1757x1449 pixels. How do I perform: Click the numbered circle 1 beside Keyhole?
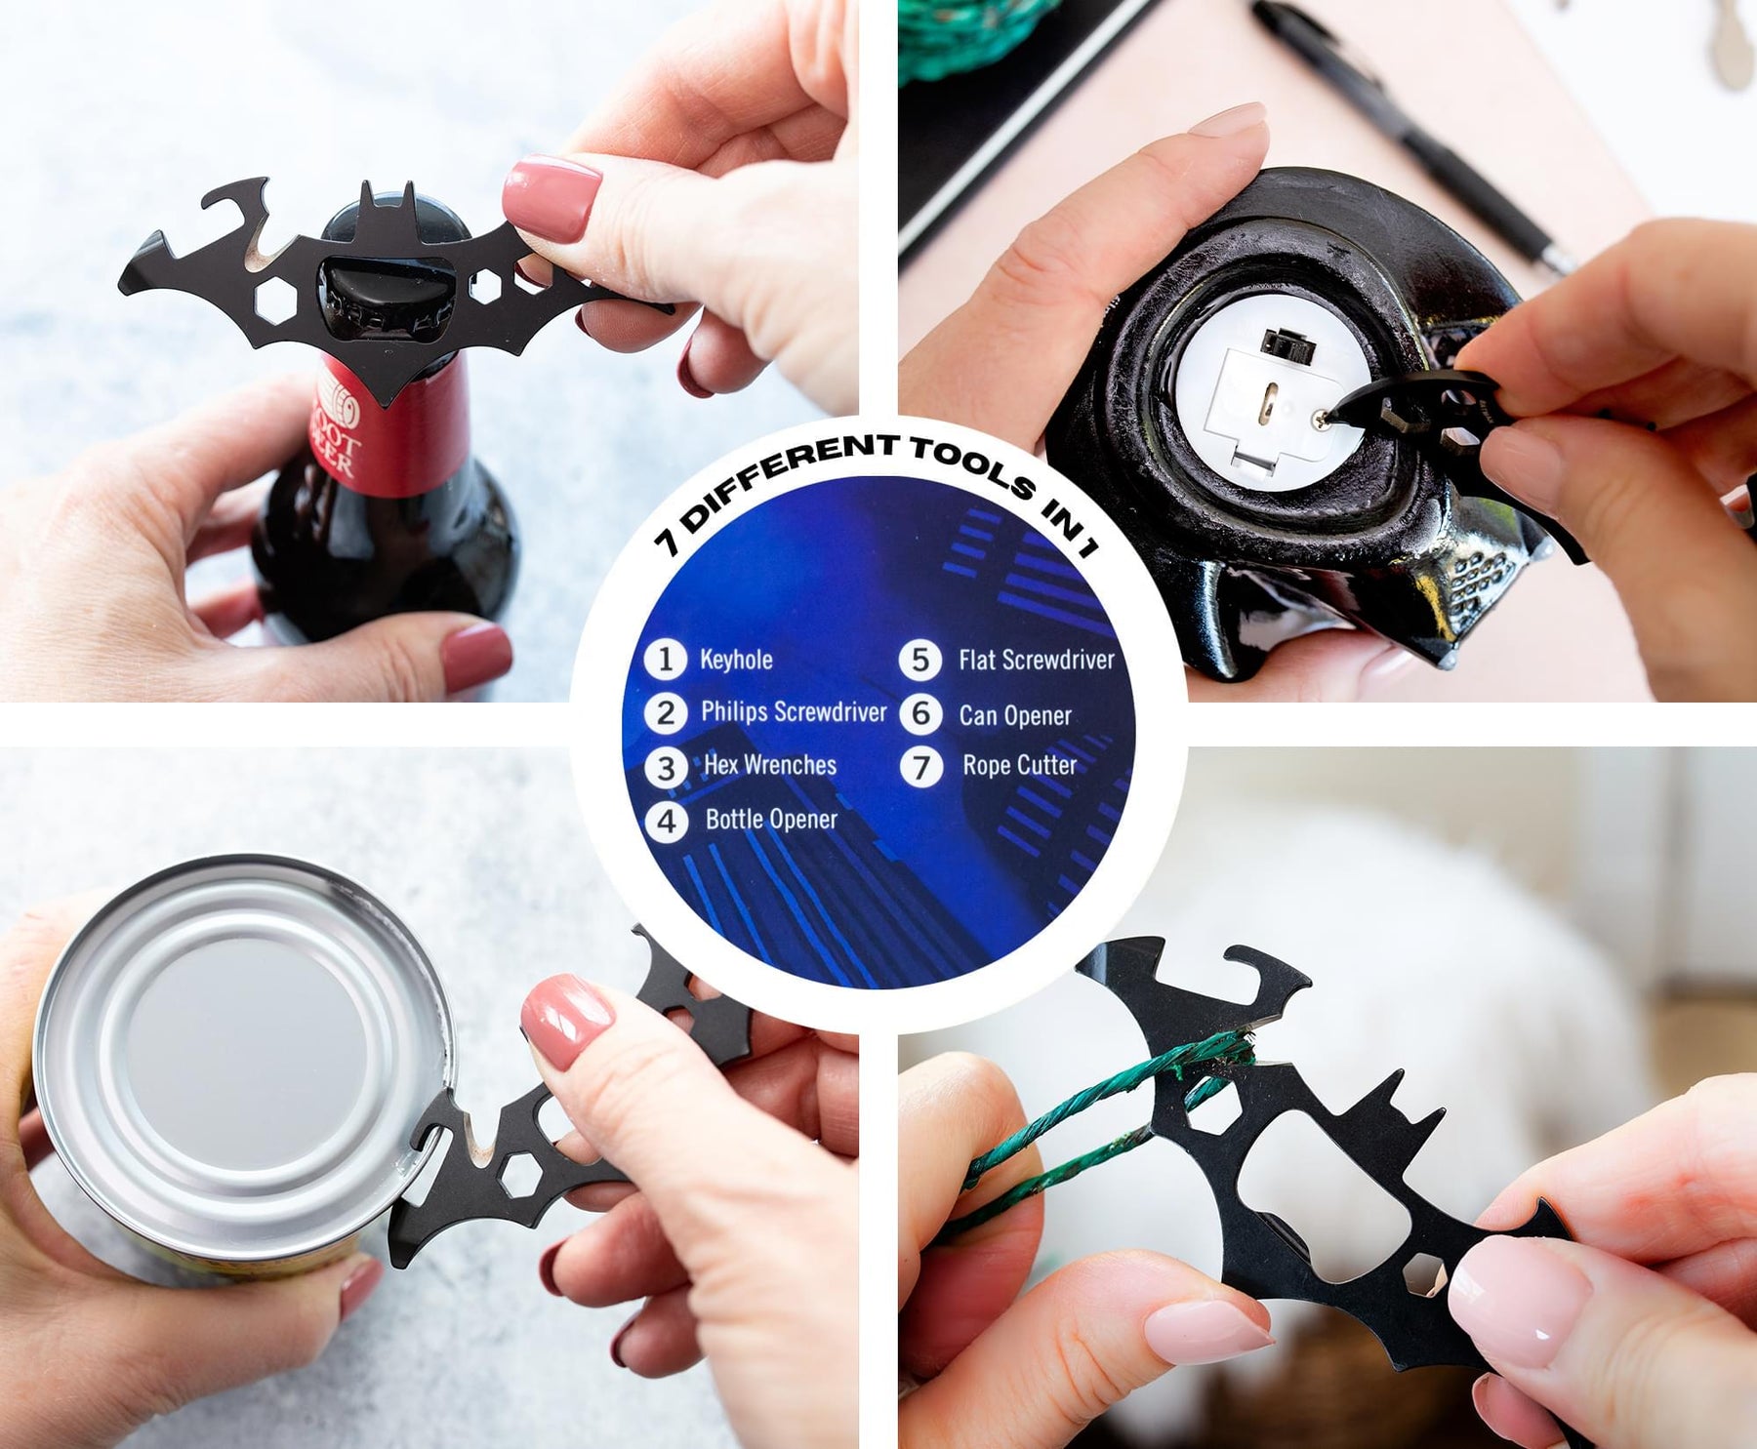666,660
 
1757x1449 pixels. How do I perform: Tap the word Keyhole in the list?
736,660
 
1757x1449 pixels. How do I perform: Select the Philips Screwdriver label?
794,712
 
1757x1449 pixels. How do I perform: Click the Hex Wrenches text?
770,765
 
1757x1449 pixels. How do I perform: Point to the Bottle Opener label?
771,819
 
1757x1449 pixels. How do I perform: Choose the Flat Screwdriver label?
1037,660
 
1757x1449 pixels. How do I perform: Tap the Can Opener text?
1015,715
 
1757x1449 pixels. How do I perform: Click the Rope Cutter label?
1020,765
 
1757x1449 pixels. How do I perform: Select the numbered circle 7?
920,766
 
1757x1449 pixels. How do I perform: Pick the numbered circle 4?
666,821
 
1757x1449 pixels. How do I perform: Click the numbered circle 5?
920,660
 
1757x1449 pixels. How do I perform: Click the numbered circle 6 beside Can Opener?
920,713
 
